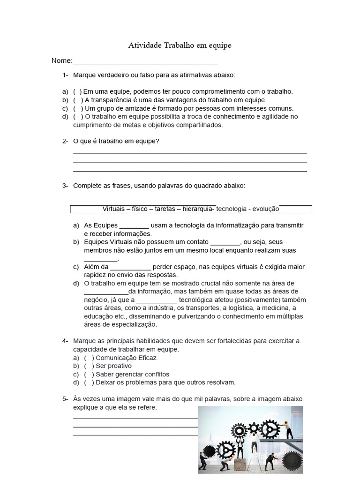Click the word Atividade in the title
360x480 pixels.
tap(145, 45)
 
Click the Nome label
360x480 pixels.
tap(61, 60)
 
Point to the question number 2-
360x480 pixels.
tap(65, 141)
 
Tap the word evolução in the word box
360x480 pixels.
tap(266, 209)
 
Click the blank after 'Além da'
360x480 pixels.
tap(131, 267)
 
